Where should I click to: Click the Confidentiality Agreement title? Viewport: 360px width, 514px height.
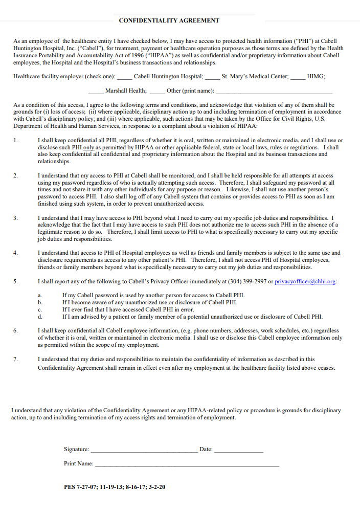[x=169, y=20]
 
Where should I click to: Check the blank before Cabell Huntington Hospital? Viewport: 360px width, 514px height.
[x=124, y=77]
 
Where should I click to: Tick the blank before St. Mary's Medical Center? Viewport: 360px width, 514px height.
[x=213, y=77]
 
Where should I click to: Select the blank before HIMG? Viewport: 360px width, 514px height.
[x=298, y=77]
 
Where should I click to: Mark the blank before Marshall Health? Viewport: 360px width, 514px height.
[x=96, y=91]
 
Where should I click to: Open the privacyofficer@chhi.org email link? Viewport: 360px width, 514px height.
[x=305, y=281]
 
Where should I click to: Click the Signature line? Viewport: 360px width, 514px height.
[x=144, y=450]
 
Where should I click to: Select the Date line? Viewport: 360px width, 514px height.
[x=238, y=450]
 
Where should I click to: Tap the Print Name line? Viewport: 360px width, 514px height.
[x=187, y=464]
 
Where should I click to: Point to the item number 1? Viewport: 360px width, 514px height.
[x=15, y=140]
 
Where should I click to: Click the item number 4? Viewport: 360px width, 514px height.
[x=15, y=253]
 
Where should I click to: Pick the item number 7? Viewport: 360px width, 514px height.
[x=15, y=359]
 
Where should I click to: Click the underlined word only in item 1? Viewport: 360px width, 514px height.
[x=89, y=147]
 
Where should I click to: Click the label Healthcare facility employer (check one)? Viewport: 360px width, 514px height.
[x=63, y=77]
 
